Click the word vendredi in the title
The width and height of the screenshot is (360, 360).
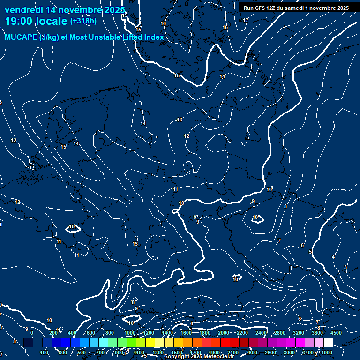tap(23, 10)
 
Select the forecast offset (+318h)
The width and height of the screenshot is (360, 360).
tap(83, 21)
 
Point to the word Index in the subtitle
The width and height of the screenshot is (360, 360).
tap(153, 37)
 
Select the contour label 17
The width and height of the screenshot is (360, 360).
tap(246, 20)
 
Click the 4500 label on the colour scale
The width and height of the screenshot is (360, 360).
tap(336, 333)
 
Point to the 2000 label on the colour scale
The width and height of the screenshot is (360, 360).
tap(224, 333)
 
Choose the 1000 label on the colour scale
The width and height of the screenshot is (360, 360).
tap(130, 333)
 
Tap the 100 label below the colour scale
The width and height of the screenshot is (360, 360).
tap(45, 352)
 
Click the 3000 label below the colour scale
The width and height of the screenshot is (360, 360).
tap(289, 352)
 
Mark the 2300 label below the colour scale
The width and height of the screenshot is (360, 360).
tap(252, 352)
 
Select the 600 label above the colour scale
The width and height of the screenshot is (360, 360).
tap(91, 333)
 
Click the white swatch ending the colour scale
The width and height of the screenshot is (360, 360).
tap(328, 343)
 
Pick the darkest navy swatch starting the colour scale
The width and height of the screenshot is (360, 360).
tap(28, 343)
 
